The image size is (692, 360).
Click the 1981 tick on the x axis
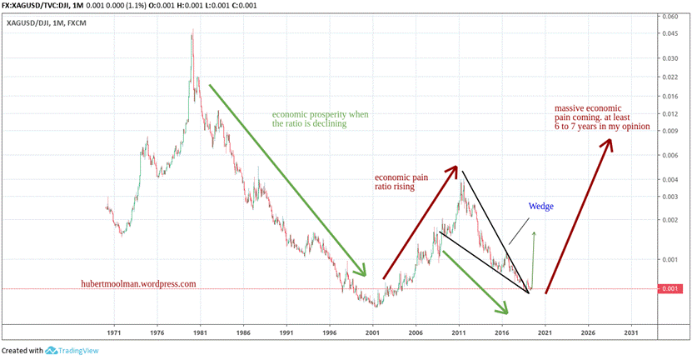[200, 331]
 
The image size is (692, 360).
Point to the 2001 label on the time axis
[372, 331]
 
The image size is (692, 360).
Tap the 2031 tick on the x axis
[630, 331]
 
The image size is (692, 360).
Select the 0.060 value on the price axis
[670, 17]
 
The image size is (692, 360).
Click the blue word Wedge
[540, 207]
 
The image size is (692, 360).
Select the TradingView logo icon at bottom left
[52, 351]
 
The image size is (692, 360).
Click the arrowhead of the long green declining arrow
[363, 272]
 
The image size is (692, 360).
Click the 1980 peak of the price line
[193, 32]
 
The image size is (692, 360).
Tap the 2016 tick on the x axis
[501, 331]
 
